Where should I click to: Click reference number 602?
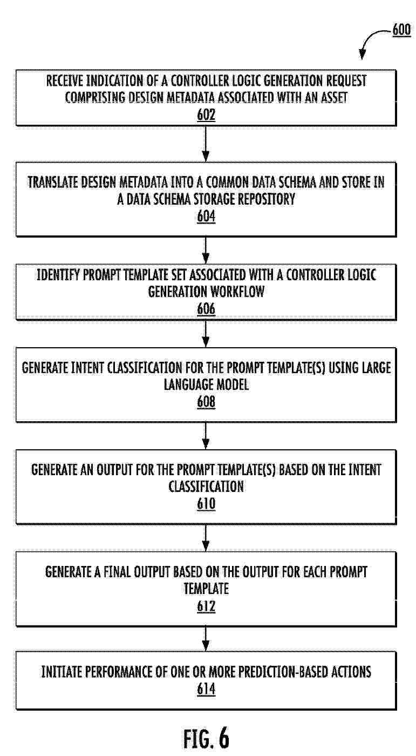pos(206,115)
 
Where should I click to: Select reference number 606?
pos(206,309)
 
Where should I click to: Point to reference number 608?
pos(206,402)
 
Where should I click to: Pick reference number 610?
pos(206,504)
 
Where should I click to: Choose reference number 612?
pos(206,606)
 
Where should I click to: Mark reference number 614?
pos(206,689)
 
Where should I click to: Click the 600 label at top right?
pos(400,30)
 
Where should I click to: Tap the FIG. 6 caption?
pos(206,738)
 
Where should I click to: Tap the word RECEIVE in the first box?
pos(65,81)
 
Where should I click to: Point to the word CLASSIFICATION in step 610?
pos(206,487)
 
